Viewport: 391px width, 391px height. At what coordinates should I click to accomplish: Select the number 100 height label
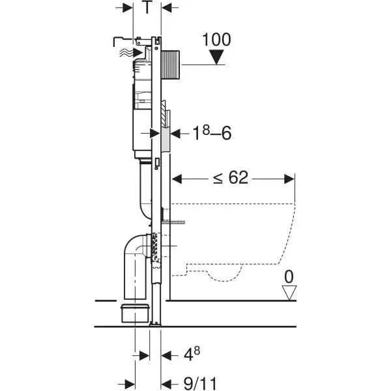tap(216, 40)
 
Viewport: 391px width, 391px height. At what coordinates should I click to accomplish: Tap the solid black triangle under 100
tap(216, 59)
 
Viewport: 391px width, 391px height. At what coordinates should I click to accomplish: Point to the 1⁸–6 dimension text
tap(209, 133)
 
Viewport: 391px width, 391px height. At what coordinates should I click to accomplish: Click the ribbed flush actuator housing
tap(171, 64)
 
